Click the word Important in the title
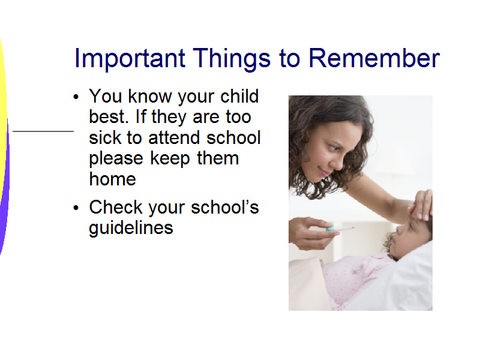pyautogui.click(x=130, y=58)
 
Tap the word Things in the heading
pyautogui.click(x=232, y=58)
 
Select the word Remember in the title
pyautogui.click(x=374, y=58)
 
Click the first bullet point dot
pyautogui.click(x=76, y=97)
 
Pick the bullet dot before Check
pyautogui.click(x=76, y=208)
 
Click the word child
pyautogui.click(x=239, y=96)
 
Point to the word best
pyautogui.click(x=109, y=116)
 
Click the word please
pyautogui.click(x=116, y=158)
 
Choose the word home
pyautogui.click(x=112, y=179)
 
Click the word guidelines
pyautogui.click(x=131, y=228)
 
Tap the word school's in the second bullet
pyautogui.click(x=225, y=207)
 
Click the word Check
pyautogui.click(x=116, y=207)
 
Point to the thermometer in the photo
pyautogui.click(x=340, y=228)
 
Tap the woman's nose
pyautogui.click(x=338, y=161)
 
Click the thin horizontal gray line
pyautogui.click(x=43, y=131)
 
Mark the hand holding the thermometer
pyautogui.click(x=311, y=233)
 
